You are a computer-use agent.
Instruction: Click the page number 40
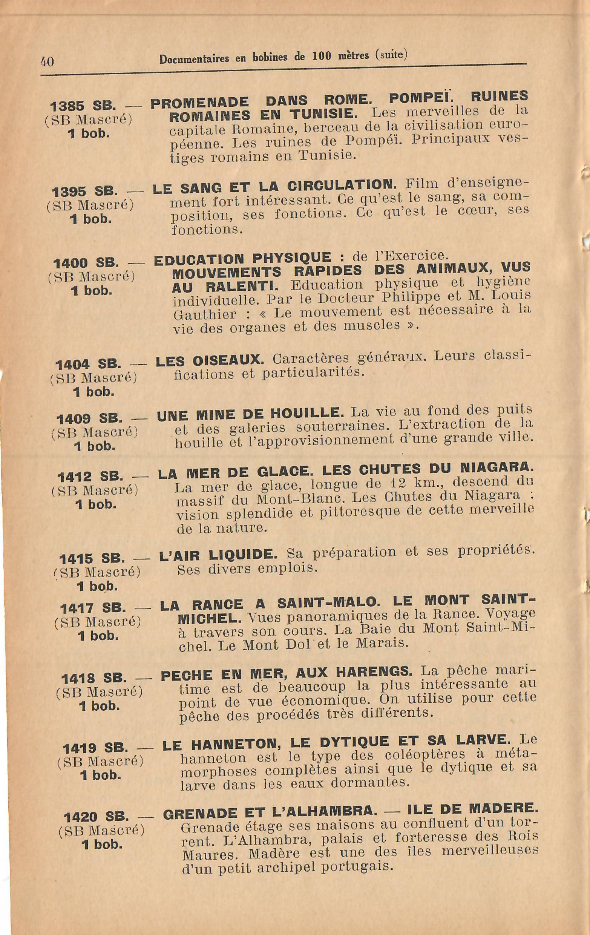47,61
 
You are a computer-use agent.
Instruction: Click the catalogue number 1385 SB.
83,106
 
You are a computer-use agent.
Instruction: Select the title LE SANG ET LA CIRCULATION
273,187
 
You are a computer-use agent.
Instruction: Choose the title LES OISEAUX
210,361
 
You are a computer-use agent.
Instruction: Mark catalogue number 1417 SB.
93,608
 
